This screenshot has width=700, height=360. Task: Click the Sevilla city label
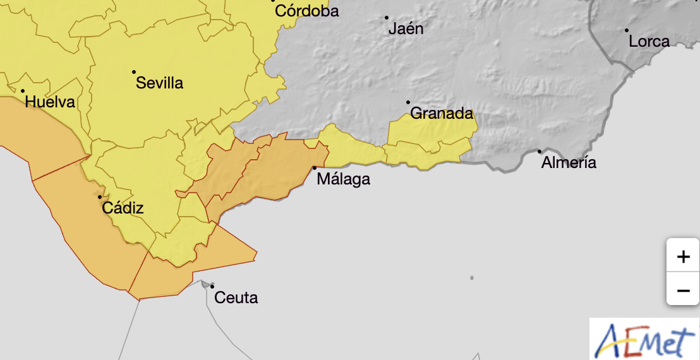[159, 83]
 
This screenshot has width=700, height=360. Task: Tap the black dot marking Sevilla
[134, 72]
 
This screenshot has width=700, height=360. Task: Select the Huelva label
[50, 102]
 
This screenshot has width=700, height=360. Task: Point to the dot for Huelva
[23, 92]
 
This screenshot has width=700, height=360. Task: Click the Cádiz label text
[123, 208]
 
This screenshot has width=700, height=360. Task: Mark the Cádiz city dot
[100, 197]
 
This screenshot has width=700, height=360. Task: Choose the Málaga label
[343, 179]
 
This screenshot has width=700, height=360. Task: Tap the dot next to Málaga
[315, 167]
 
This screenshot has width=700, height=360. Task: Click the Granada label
[442, 114]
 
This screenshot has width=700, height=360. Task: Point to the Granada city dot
[408, 102]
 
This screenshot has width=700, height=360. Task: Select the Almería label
[569, 163]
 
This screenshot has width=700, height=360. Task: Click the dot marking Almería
[539, 151]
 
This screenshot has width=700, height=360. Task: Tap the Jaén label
[406, 28]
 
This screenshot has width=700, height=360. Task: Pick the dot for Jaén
[387, 17]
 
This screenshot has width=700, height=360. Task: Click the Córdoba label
[307, 11]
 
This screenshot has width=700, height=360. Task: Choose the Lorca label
[649, 42]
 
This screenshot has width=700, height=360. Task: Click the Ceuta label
[236, 297]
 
